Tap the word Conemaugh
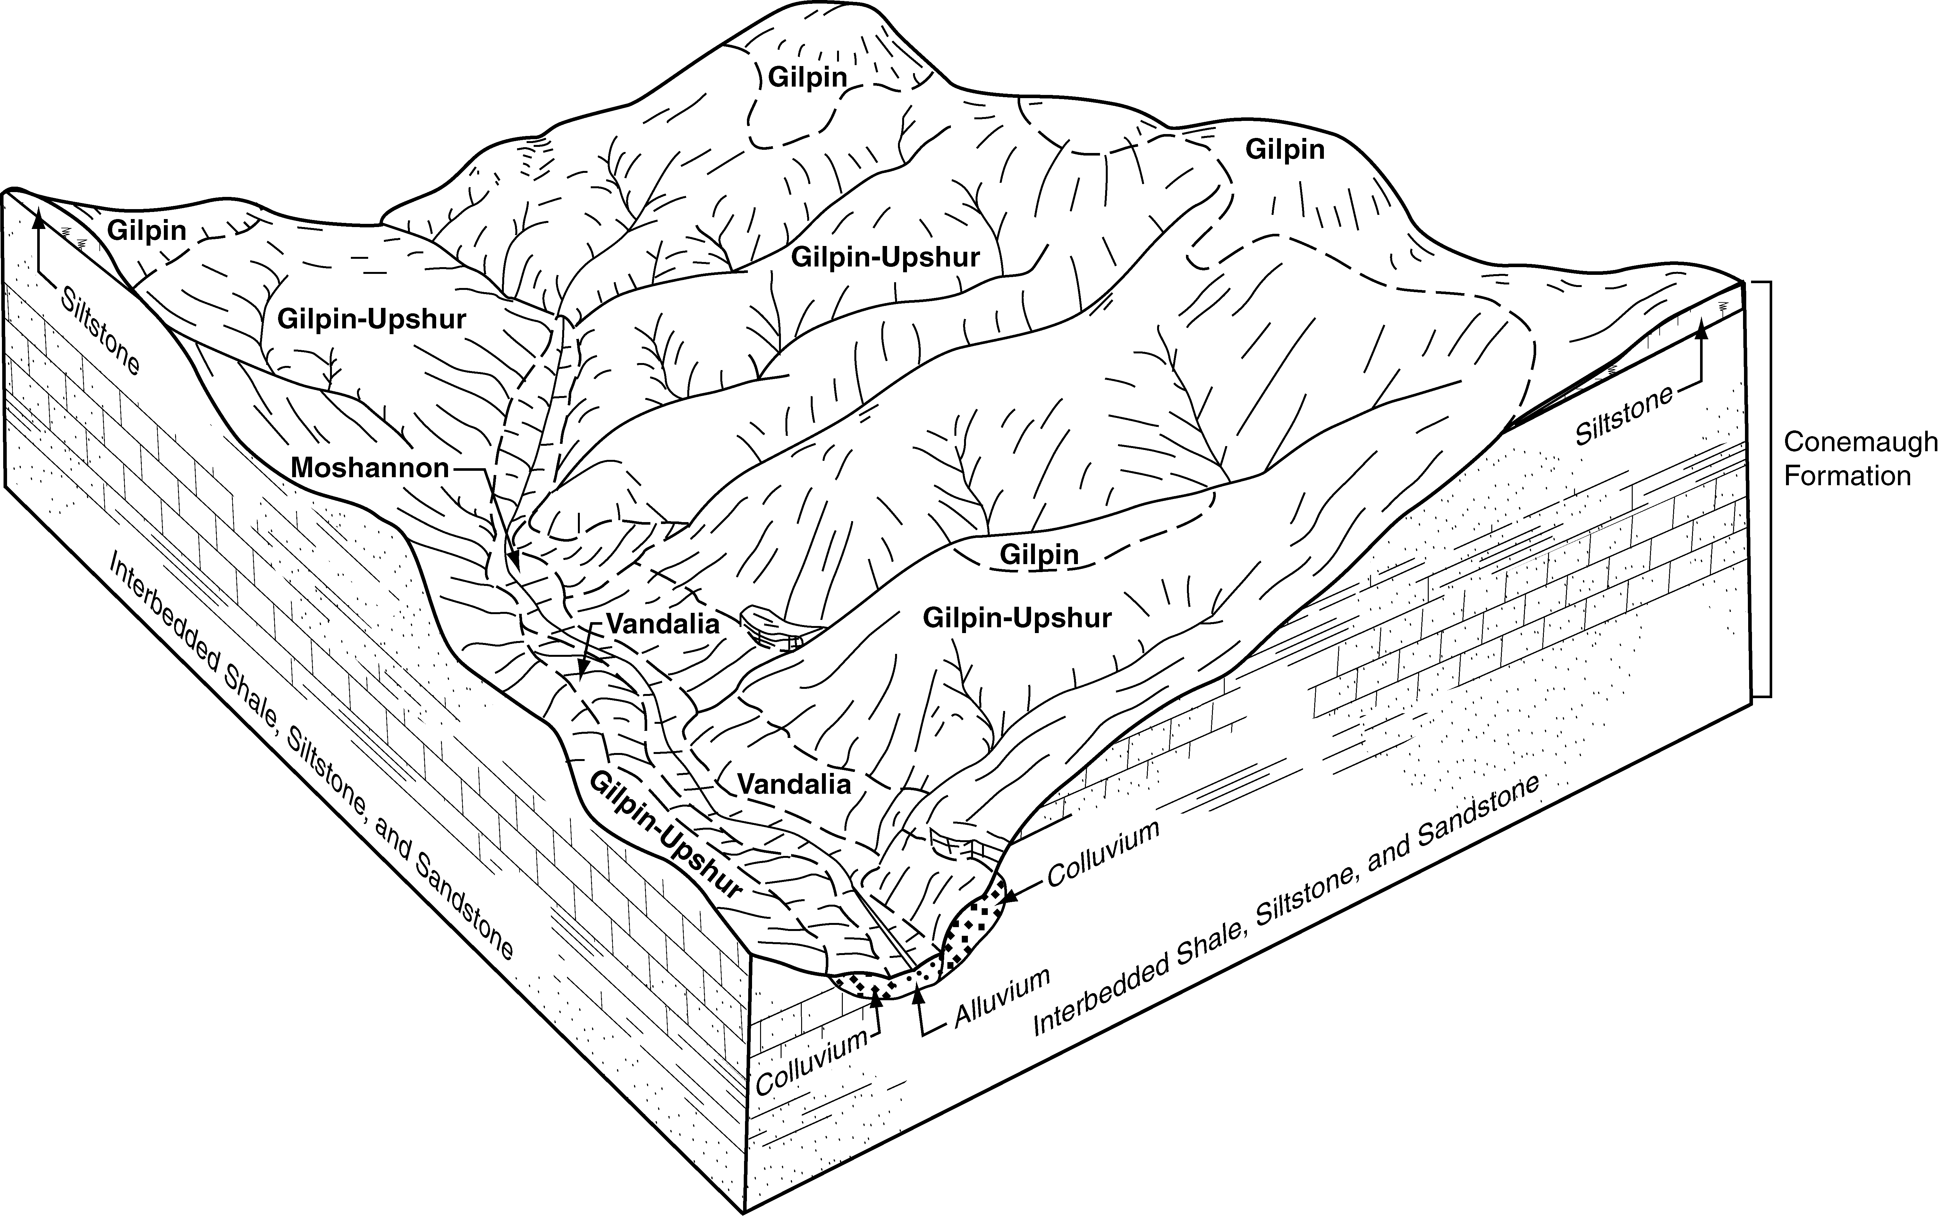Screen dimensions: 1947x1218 point(1860,442)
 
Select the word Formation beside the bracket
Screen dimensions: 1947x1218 point(1847,476)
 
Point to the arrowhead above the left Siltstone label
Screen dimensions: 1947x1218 point(37,216)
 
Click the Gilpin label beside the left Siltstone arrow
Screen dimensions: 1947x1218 point(147,231)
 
